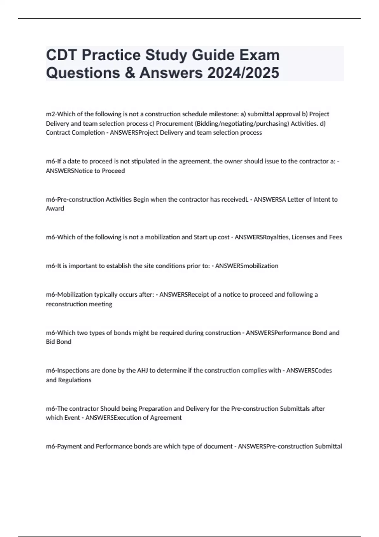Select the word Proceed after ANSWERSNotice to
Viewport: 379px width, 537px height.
click(113, 171)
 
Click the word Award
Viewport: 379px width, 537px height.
click(55, 209)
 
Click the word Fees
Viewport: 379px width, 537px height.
click(335, 237)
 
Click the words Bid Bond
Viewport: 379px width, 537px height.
click(58, 342)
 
